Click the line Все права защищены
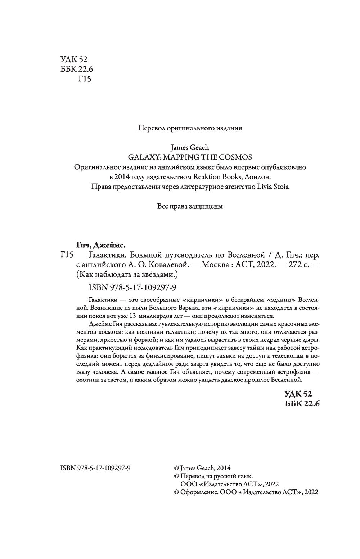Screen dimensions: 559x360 (190, 206)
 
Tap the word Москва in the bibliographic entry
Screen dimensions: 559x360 (215, 265)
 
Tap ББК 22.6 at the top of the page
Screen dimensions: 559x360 (75, 69)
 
